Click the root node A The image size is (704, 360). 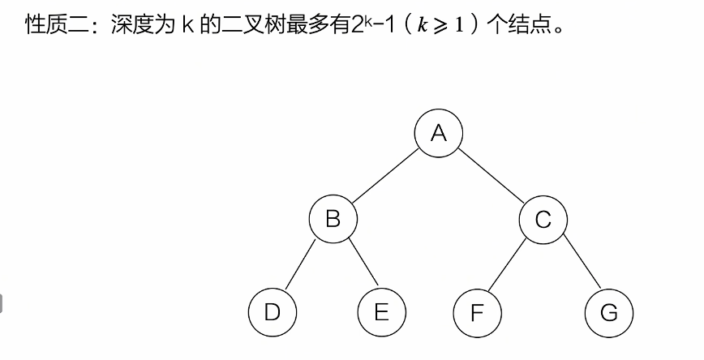(x=439, y=132)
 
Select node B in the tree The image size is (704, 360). (x=333, y=218)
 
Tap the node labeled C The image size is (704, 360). (x=543, y=219)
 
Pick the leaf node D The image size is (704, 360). (x=273, y=313)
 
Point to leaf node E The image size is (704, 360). (x=381, y=313)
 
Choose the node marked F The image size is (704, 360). (x=477, y=314)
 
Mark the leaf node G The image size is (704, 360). (x=608, y=314)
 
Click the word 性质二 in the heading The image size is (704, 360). (x=51, y=22)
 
